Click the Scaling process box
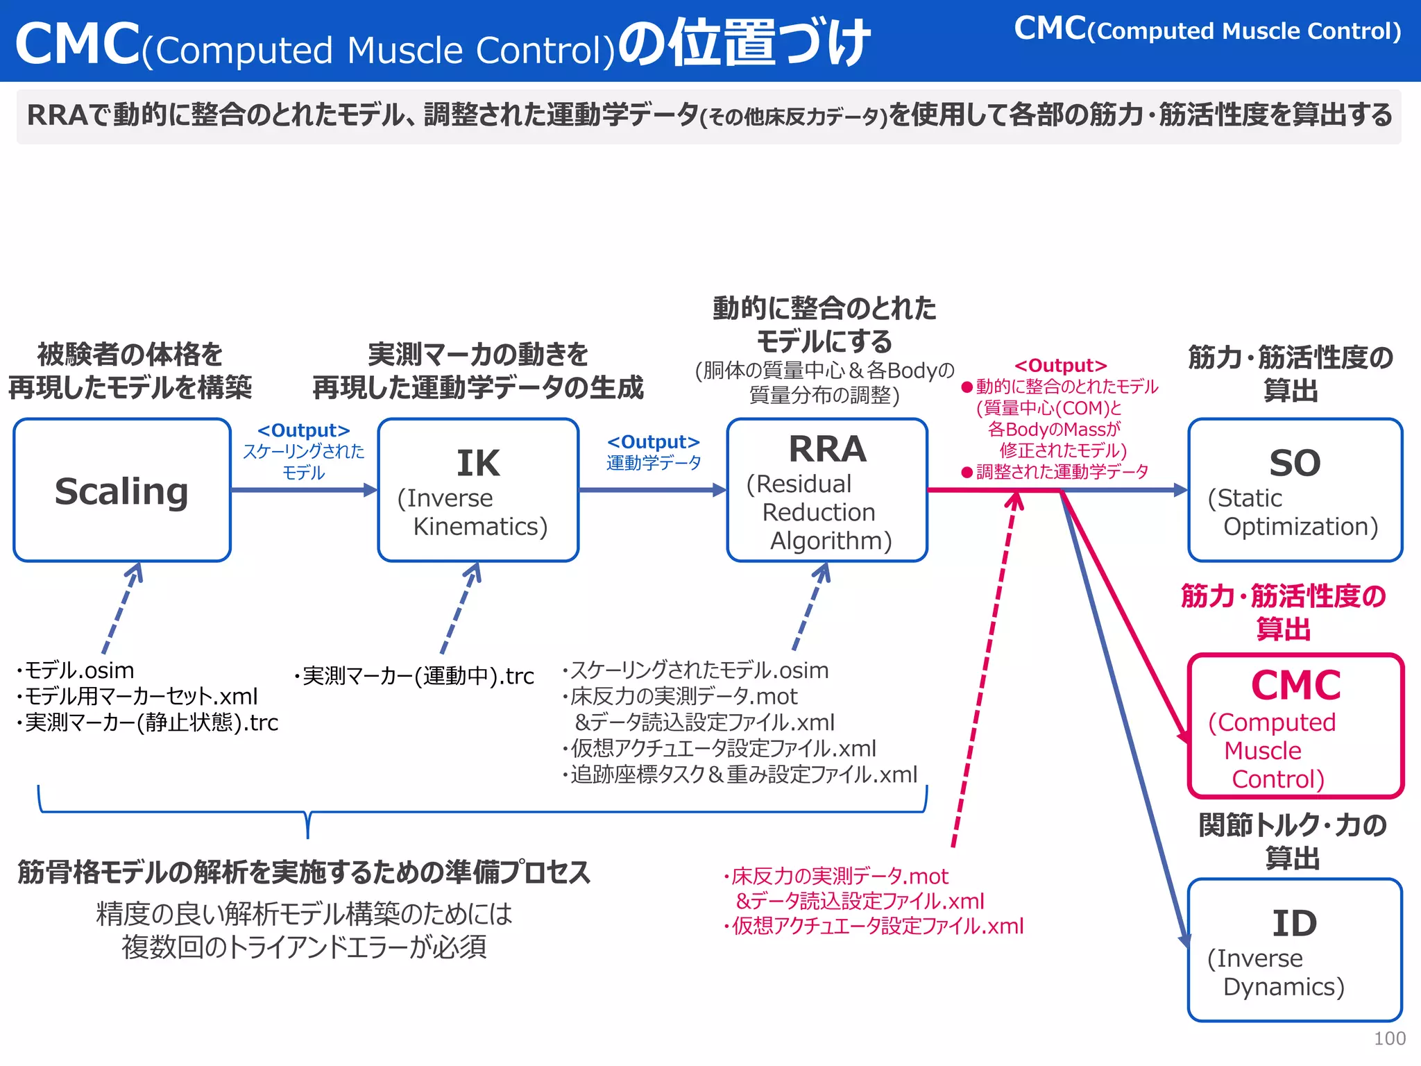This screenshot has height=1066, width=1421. (122, 490)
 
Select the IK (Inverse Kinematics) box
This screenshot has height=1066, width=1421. (478, 490)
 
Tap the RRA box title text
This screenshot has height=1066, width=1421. (827, 449)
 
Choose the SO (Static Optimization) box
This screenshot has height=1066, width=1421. (1295, 490)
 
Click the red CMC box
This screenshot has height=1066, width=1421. (1295, 726)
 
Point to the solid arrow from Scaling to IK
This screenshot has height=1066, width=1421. (303, 490)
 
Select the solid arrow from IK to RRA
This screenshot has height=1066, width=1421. (652, 490)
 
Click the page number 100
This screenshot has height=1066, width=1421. (1389, 1038)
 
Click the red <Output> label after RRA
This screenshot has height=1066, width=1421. (1060, 366)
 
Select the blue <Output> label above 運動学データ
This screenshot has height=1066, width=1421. (653, 442)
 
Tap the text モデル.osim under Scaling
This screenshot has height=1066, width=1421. (76, 670)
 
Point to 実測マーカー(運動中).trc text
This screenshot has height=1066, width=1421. (415, 676)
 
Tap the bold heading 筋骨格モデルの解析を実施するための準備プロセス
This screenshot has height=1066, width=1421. (304, 872)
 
